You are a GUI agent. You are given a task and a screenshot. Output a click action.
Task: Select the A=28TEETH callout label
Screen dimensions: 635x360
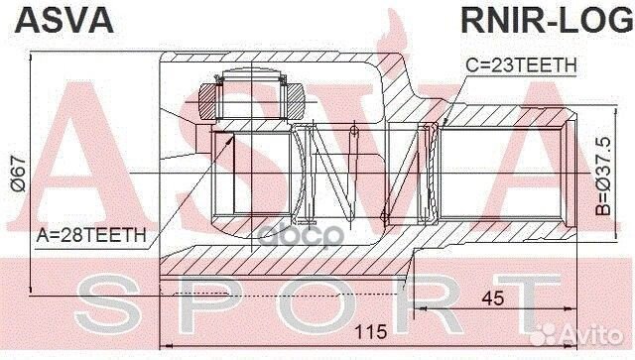[90, 236]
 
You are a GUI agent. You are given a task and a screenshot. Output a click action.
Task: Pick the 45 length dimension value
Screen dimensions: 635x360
[493, 299]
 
